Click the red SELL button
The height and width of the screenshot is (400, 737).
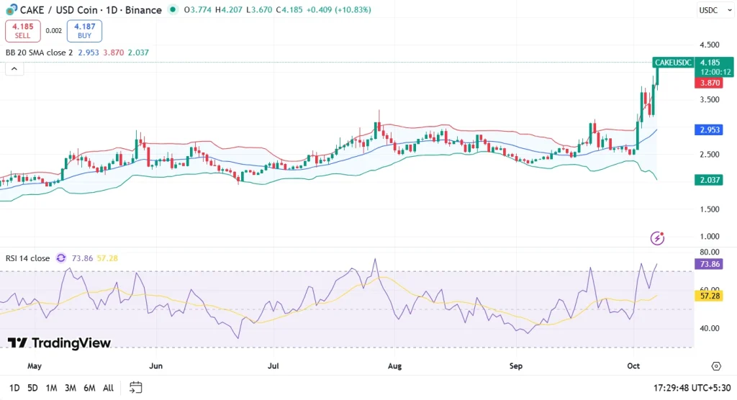(22, 31)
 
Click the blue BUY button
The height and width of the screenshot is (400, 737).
(84, 31)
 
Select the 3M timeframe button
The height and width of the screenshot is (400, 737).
(70, 388)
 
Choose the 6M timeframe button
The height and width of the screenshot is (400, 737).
(89, 388)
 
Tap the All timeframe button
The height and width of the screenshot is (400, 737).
(108, 388)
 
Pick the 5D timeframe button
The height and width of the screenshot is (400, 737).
(32, 388)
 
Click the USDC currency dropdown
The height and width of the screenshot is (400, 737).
(708, 10)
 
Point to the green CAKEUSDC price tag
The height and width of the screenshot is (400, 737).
(672, 63)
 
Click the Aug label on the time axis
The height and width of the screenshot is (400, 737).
(394, 366)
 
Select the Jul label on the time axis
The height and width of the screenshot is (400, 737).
(273, 366)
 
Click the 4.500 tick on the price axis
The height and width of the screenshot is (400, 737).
(709, 45)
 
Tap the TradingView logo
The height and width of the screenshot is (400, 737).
(59, 343)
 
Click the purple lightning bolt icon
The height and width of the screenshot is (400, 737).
(657, 238)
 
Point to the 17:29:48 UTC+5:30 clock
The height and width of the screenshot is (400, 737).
(691, 388)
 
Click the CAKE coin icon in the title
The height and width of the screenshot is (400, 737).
(11, 9)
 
